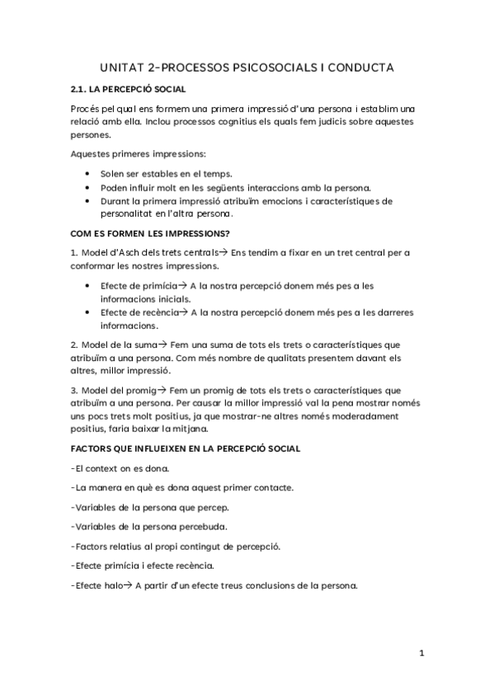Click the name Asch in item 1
pyautogui.click(x=134, y=251)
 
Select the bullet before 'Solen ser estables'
pyautogui.click(x=88, y=174)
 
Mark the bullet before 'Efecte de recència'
pyautogui.click(x=88, y=312)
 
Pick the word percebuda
pyautogui.click(x=204, y=527)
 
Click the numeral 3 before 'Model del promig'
pyautogui.click(x=73, y=389)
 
